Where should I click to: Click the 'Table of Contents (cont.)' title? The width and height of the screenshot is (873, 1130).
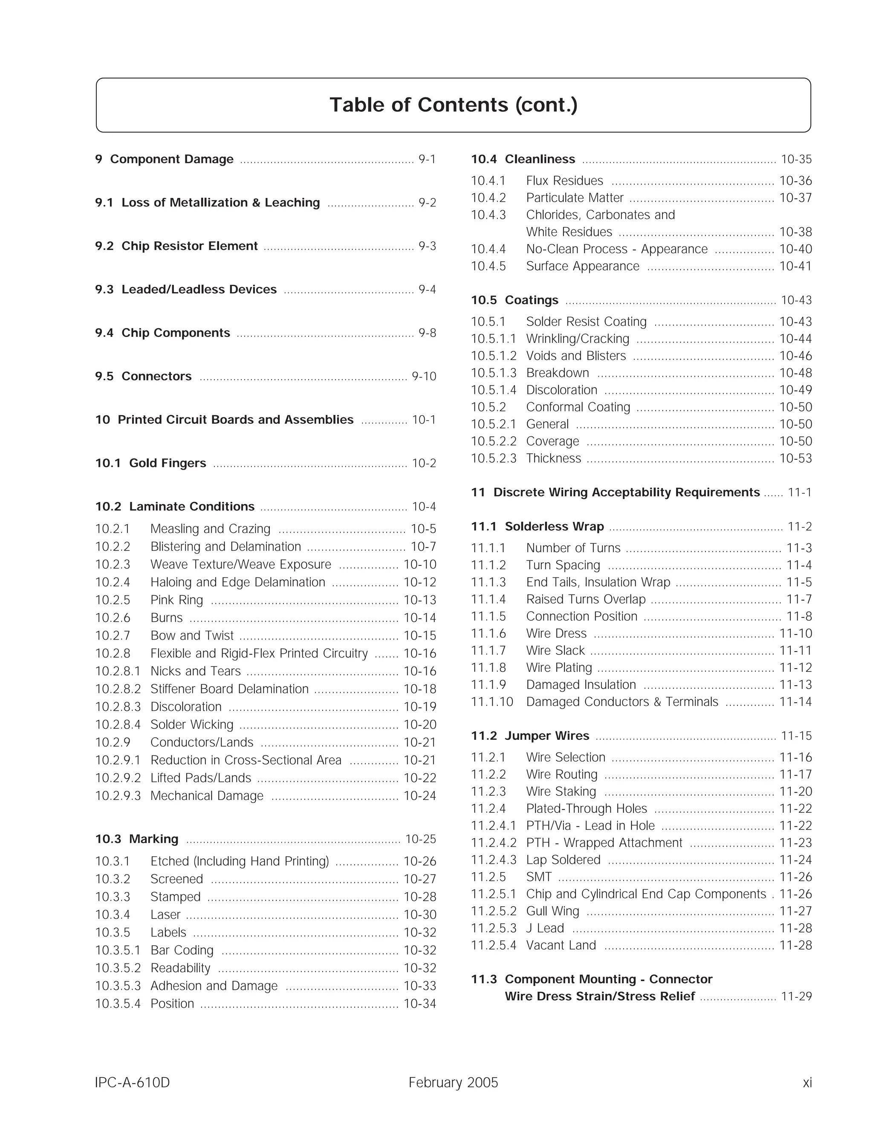pyautogui.click(x=453, y=105)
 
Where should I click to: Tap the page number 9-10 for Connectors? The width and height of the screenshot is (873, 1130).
pyautogui.click(x=424, y=376)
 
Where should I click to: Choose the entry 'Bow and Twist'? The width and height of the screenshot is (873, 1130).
pyautogui.click(x=192, y=635)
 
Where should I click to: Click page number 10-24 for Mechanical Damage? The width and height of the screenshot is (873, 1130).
pyautogui.click(x=419, y=796)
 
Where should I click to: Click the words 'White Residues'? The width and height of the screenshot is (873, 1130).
pyautogui.click(x=569, y=232)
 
